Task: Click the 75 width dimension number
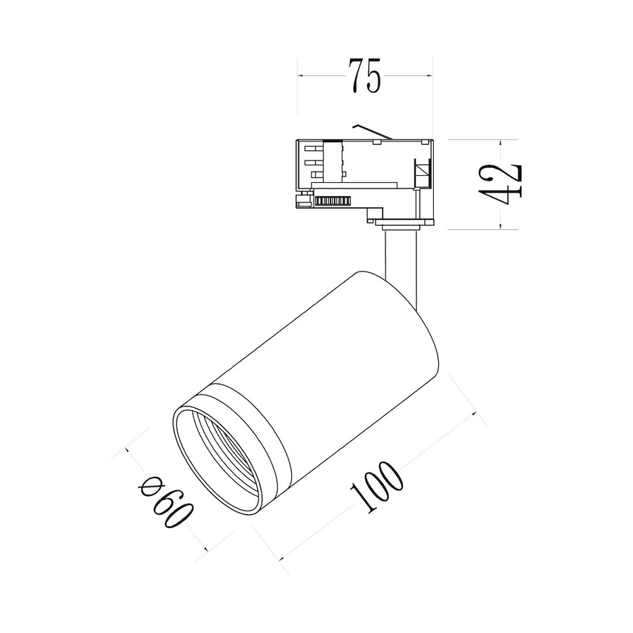[x=364, y=76]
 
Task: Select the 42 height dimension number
[x=501, y=184]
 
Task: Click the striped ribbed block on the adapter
[x=332, y=200]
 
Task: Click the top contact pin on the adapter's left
[x=314, y=148]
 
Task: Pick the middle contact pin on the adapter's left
[x=314, y=162]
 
